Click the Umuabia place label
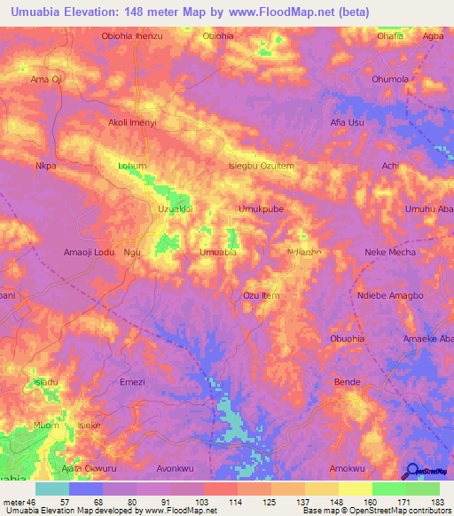(x=217, y=253)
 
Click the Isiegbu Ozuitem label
(x=261, y=166)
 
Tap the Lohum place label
(x=131, y=166)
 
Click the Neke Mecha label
(x=390, y=253)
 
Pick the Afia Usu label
(x=347, y=122)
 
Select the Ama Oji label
(x=45, y=79)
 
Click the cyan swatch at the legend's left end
(x=52, y=489)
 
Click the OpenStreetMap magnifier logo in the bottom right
(x=412, y=471)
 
